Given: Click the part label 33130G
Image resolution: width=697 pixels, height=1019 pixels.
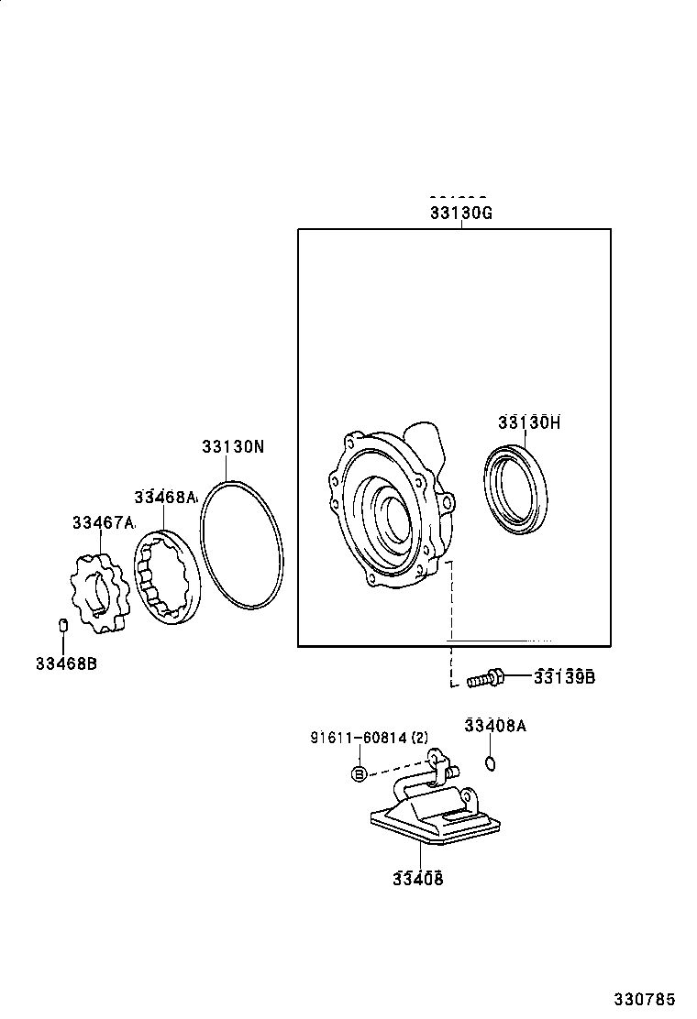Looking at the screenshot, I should point(461,213).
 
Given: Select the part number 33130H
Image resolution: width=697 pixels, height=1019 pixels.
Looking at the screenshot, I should point(529,422).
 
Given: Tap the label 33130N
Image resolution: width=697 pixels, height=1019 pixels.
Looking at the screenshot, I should point(233,447).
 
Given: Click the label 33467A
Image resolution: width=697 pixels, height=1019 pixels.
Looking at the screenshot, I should point(103,523).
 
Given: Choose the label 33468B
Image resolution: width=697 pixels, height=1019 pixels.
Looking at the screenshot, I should point(66,663).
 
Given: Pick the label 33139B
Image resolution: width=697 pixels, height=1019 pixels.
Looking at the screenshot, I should point(566,677).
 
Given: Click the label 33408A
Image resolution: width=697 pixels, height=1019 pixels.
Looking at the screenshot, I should point(495,726).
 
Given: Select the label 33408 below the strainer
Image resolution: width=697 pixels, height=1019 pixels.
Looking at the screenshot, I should point(418,879).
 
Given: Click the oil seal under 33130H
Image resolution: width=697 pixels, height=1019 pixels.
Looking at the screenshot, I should point(516,488).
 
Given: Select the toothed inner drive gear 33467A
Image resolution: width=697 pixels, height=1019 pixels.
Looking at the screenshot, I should point(98,594).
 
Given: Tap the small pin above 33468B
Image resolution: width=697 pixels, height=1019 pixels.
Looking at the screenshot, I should point(63,626).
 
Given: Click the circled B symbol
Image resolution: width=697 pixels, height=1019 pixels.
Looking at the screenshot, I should point(360,774).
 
